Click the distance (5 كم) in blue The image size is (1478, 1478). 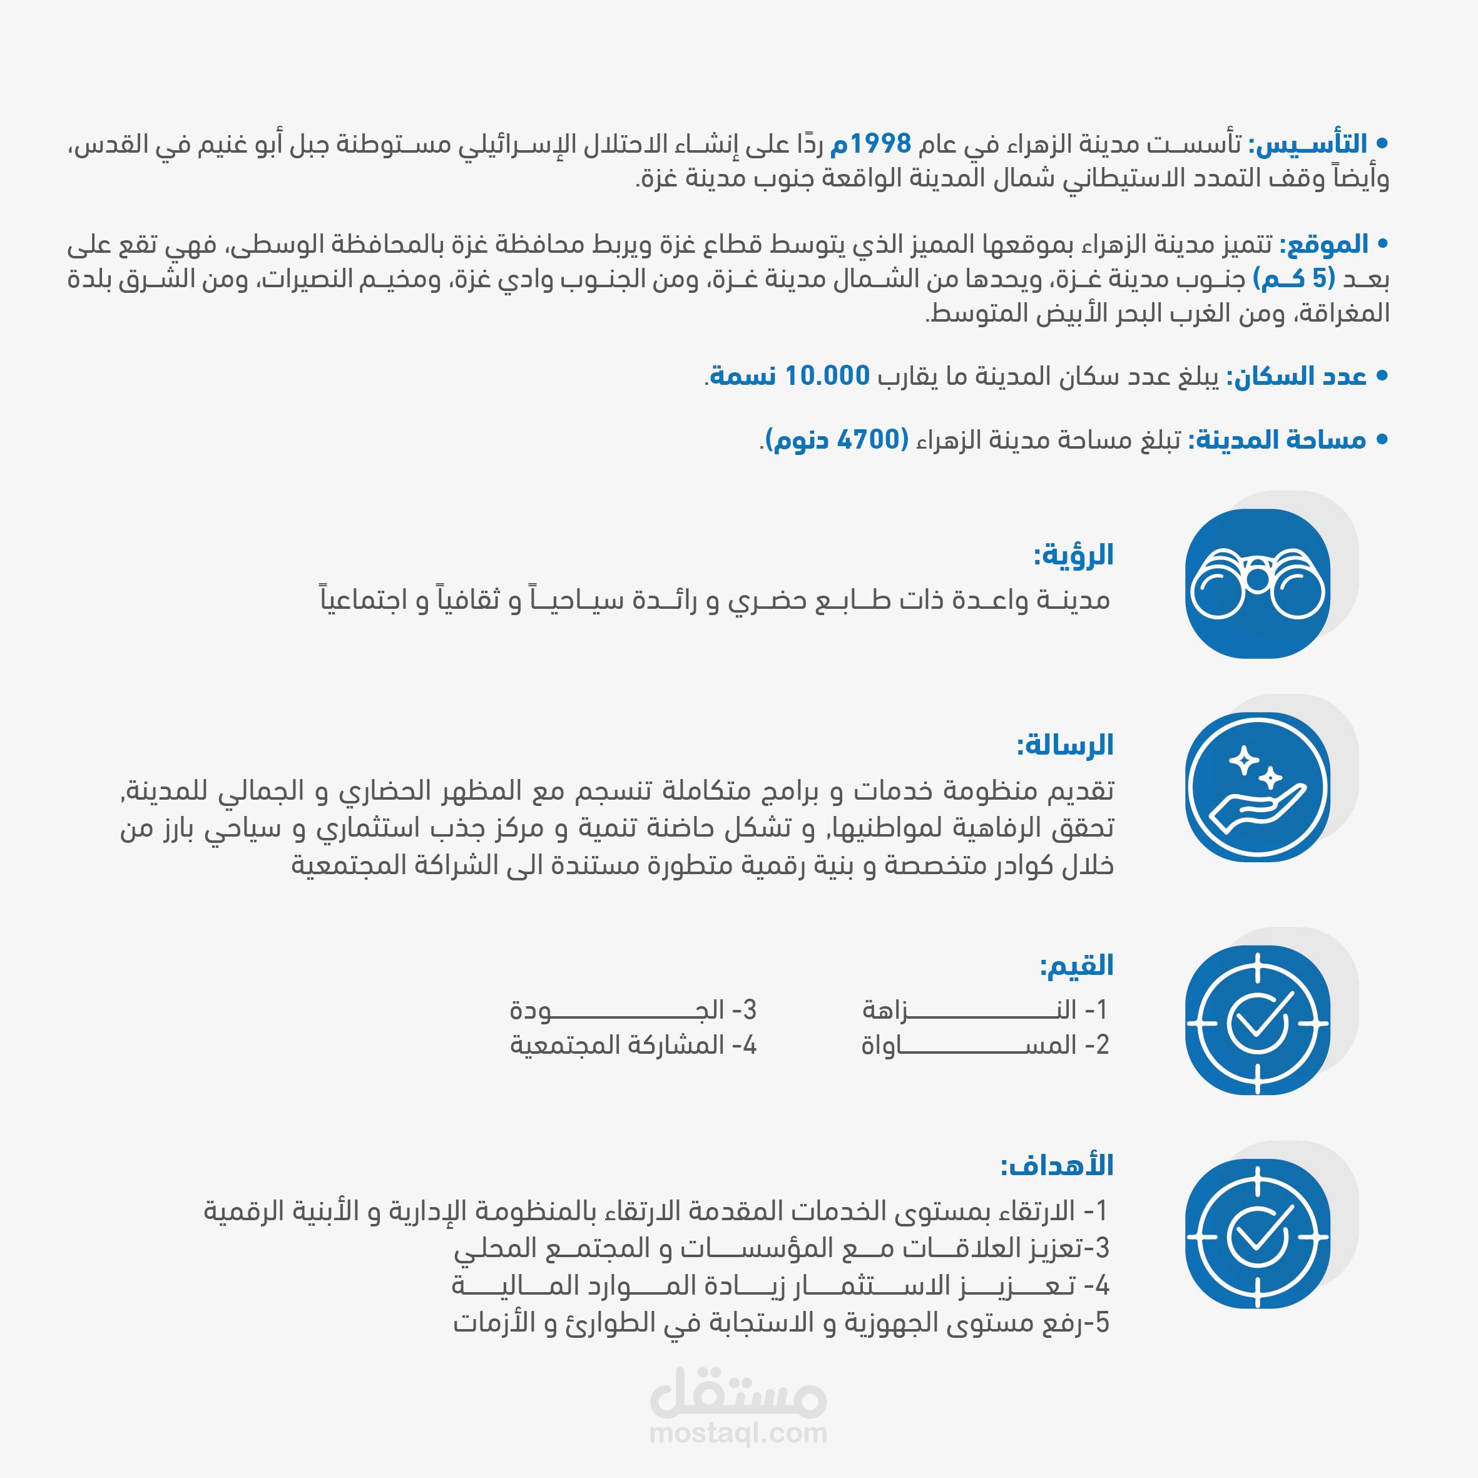coord(1293,278)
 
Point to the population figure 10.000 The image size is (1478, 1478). coord(827,375)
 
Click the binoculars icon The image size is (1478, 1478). coord(1257,584)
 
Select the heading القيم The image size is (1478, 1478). coord(1076,966)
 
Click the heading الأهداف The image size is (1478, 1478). coord(1058,1165)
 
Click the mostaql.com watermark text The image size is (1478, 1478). coord(738,1432)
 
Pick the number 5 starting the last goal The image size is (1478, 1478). coord(1101,1323)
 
